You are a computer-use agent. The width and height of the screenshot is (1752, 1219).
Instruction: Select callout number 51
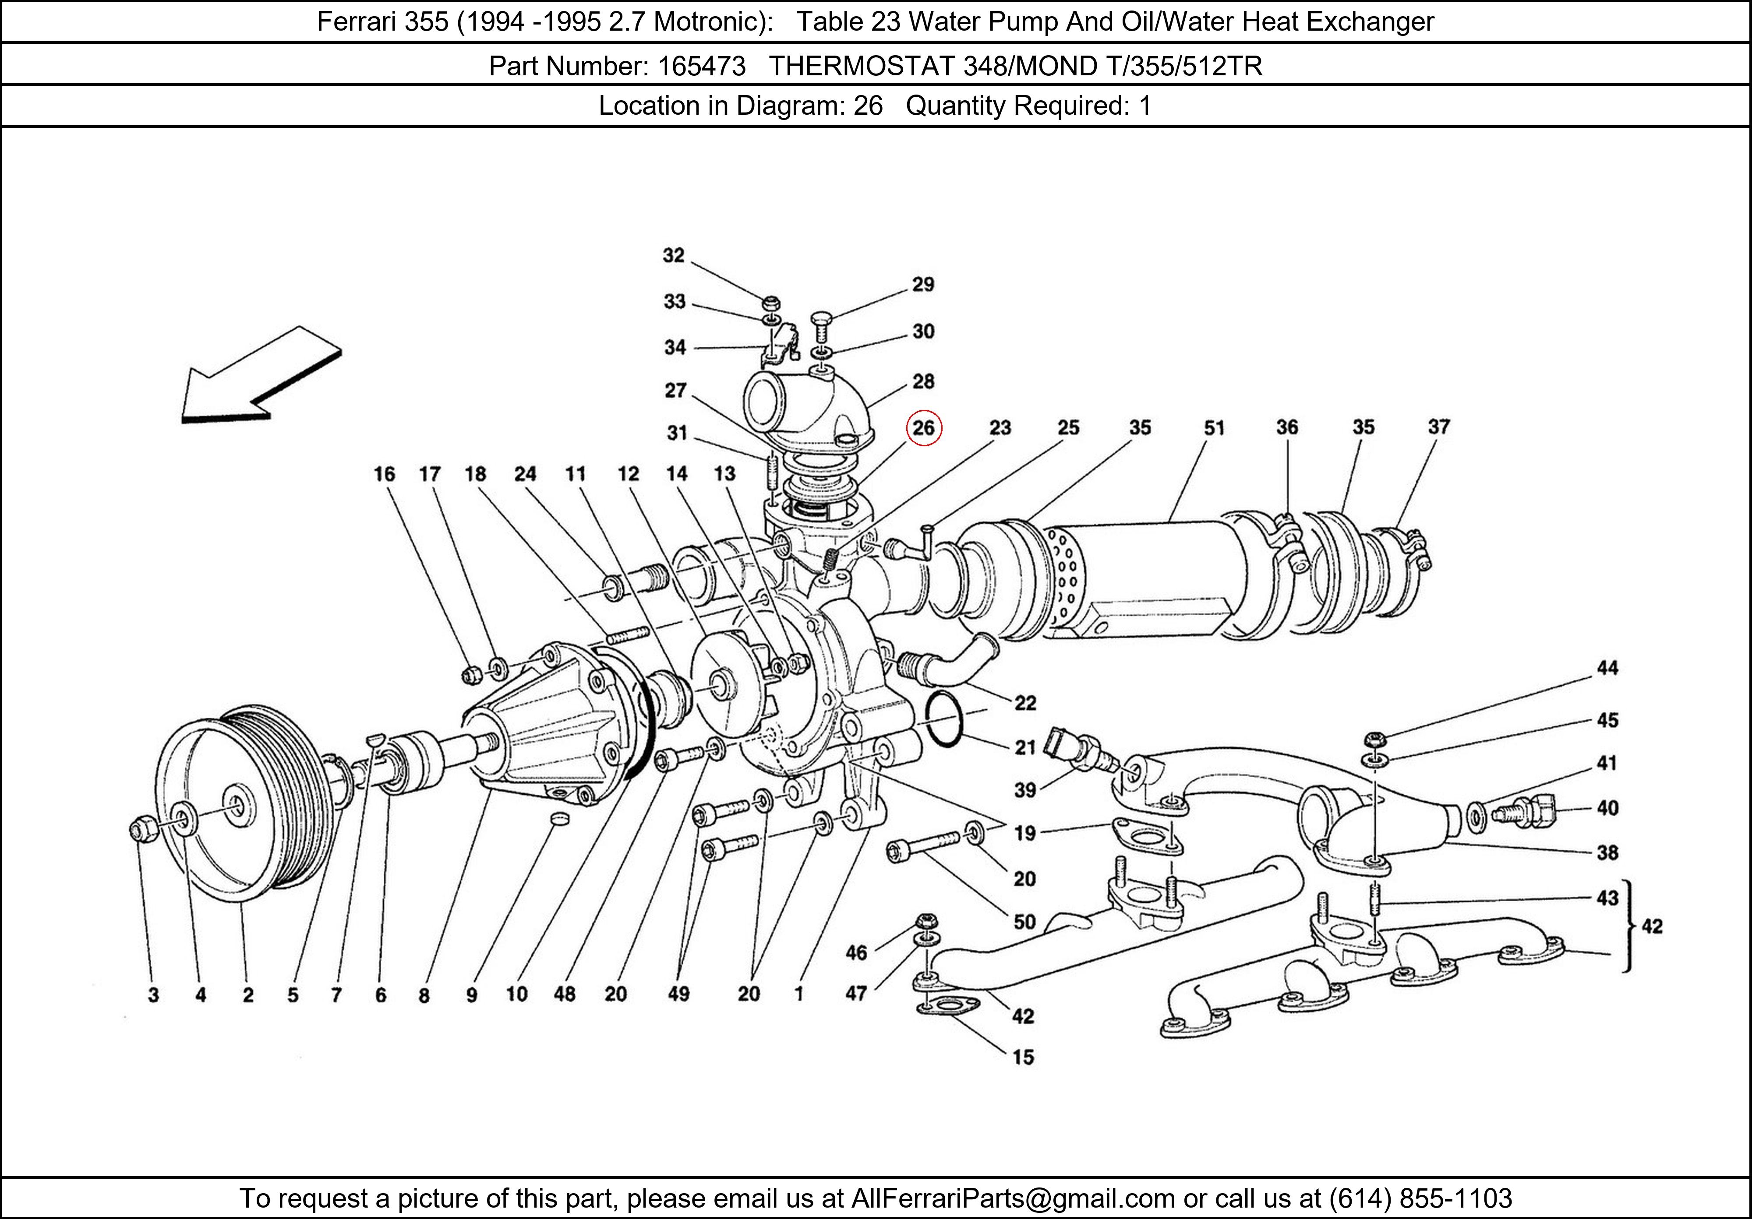[1213, 428]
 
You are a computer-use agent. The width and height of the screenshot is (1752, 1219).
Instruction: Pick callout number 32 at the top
[673, 256]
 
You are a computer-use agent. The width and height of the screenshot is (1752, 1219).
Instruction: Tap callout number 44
[1607, 668]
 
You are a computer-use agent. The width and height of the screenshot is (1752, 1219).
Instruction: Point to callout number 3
[153, 995]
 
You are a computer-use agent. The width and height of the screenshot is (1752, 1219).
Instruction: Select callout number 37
[1438, 427]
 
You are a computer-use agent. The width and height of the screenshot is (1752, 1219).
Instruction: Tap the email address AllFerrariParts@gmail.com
[1013, 1198]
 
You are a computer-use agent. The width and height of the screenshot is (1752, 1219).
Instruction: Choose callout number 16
[384, 475]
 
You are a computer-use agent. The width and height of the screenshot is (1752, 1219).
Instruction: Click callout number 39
[1025, 790]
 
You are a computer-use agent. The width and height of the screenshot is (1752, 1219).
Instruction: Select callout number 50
[1024, 922]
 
